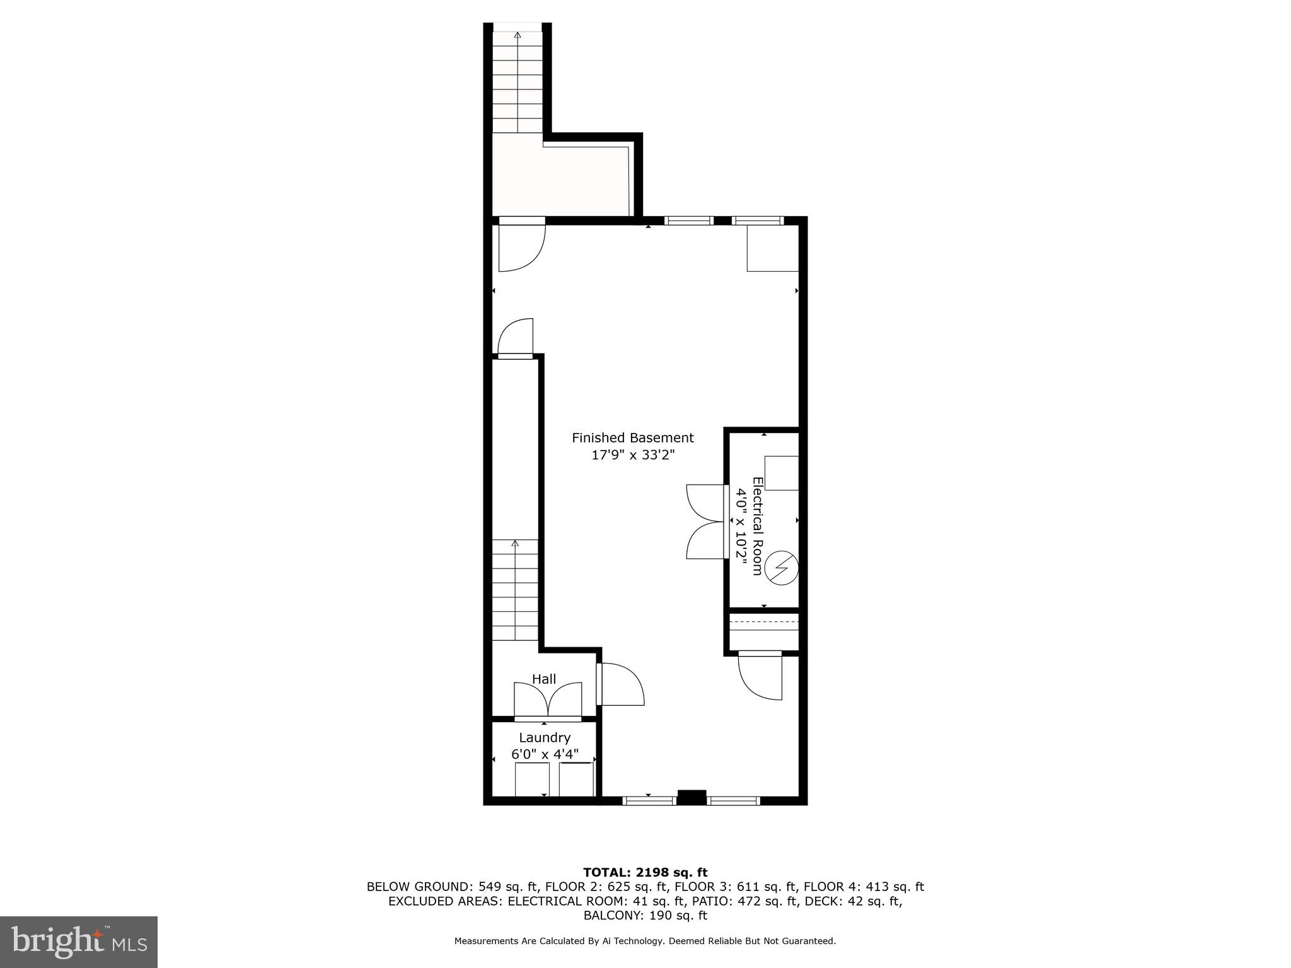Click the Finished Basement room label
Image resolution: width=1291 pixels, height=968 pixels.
click(x=632, y=437)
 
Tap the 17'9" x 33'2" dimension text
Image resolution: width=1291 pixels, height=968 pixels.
click(x=632, y=455)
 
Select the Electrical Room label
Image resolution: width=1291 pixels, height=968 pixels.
click(x=757, y=526)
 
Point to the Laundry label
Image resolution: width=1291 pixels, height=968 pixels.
click(x=545, y=737)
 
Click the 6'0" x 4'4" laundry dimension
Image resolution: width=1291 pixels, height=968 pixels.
click(x=545, y=754)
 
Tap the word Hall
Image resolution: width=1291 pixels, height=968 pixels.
click(x=544, y=679)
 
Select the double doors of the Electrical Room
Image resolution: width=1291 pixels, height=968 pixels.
click(x=706, y=521)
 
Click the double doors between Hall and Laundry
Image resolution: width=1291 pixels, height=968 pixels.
click(x=548, y=700)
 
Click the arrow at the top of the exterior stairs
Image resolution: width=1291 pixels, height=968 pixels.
click(x=518, y=35)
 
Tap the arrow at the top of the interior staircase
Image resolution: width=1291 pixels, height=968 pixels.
click(x=515, y=543)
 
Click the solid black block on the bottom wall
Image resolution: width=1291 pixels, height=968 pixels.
click(x=692, y=797)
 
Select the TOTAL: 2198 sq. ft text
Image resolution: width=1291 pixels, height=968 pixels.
click(x=645, y=872)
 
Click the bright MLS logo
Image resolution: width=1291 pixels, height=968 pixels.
click(x=79, y=942)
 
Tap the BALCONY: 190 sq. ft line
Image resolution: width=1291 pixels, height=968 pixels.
click(x=645, y=916)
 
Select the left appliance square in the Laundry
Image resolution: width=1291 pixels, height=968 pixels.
click(x=533, y=780)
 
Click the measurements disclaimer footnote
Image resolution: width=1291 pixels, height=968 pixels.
click(x=645, y=941)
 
